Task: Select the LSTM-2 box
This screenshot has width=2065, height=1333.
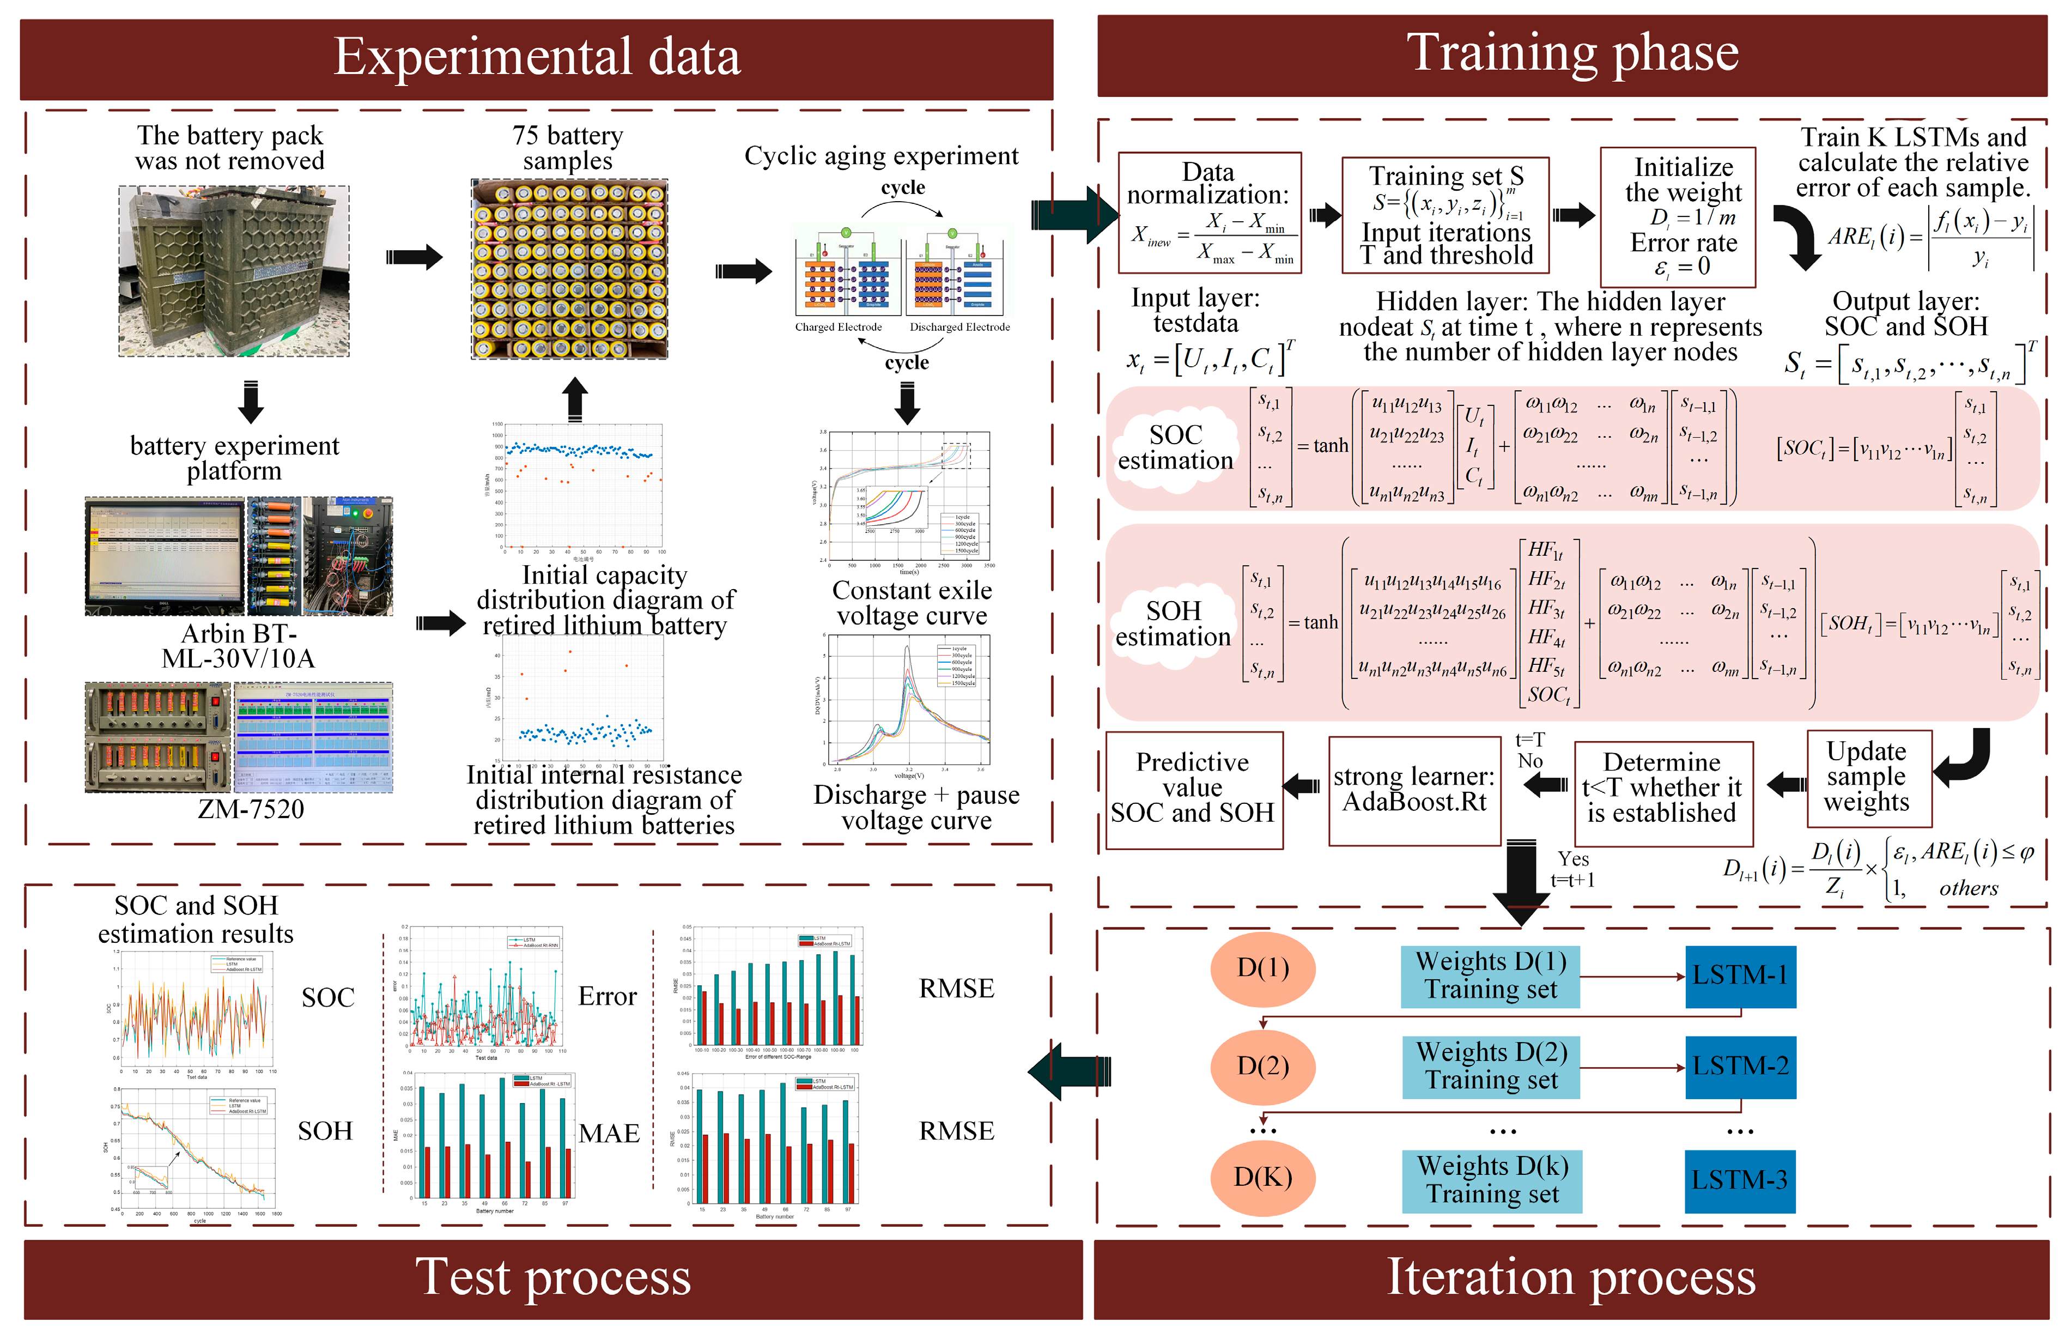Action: [1740, 1067]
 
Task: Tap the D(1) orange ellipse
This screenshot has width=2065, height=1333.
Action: [1263, 968]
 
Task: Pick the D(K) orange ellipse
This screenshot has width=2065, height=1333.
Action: [1263, 1177]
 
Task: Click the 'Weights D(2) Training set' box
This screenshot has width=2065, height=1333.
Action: [1491, 1067]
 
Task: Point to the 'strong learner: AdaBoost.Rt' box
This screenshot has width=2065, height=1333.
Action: [1414, 790]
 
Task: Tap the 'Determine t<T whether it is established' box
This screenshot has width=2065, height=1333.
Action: [1662, 790]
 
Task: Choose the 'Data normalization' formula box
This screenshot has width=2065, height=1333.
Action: [1209, 212]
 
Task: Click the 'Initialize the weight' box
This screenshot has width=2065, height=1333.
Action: [1677, 216]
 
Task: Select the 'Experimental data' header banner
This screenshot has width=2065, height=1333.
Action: [537, 58]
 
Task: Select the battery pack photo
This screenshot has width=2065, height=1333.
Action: [234, 271]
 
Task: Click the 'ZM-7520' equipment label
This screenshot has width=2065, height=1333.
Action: [251, 809]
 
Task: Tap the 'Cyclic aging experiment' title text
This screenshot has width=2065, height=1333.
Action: [881, 156]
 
